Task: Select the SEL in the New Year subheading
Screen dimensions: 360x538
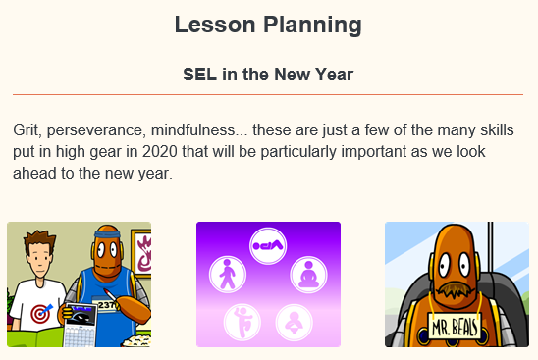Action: [x=268, y=75]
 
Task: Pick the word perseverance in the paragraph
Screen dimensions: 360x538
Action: [x=107, y=129]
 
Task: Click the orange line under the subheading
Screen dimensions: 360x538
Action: [x=268, y=94]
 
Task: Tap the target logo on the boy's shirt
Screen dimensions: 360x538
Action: [x=40, y=315]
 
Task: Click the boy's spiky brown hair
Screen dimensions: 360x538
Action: [x=38, y=240]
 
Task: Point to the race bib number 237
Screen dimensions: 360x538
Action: [x=109, y=304]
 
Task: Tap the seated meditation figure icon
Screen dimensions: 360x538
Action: [x=307, y=275]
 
